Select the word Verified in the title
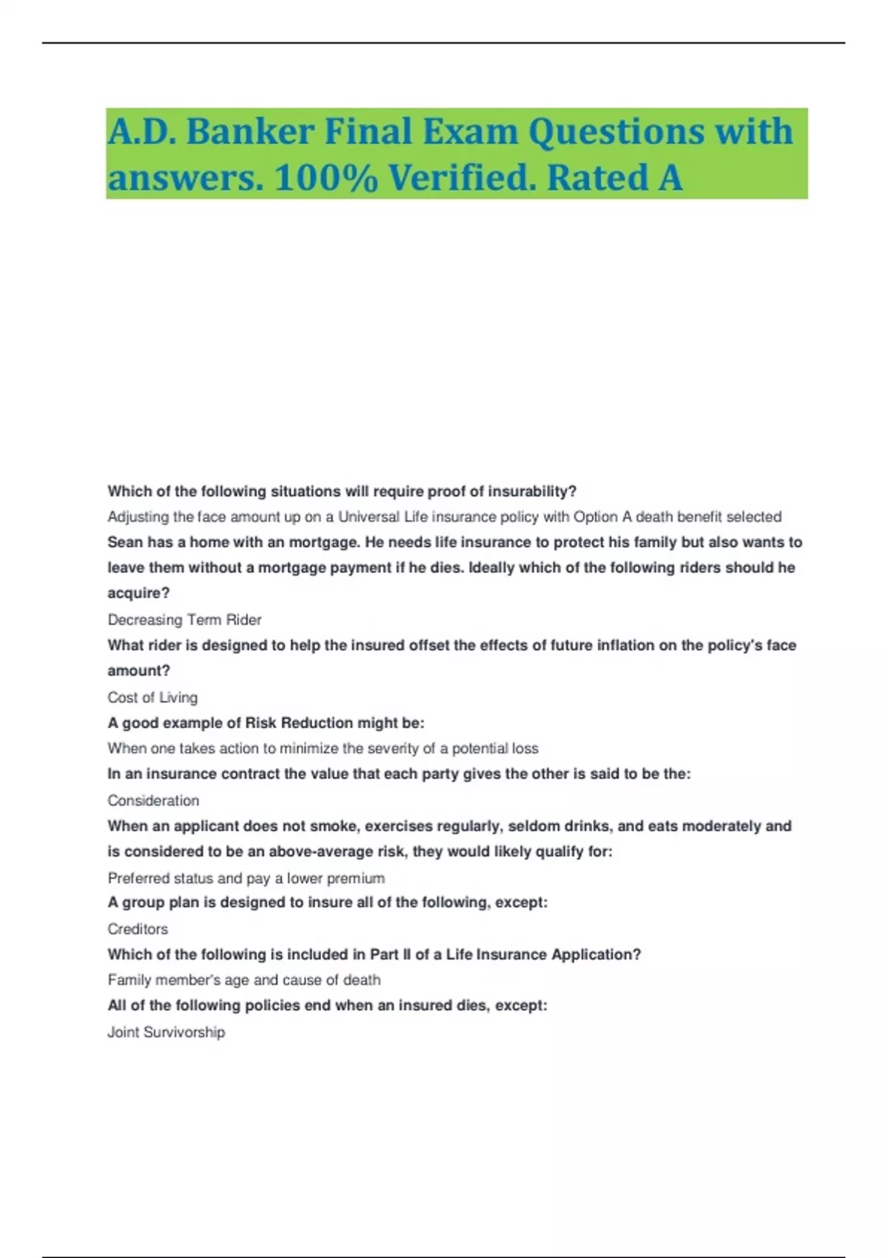point(462,178)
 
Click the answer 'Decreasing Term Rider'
point(184,619)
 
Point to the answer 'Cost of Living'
point(152,697)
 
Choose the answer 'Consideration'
point(153,800)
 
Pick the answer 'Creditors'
point(138,929)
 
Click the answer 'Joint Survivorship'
point(166,1032)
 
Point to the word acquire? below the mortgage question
point(138,593)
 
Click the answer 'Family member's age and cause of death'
point(244,980)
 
